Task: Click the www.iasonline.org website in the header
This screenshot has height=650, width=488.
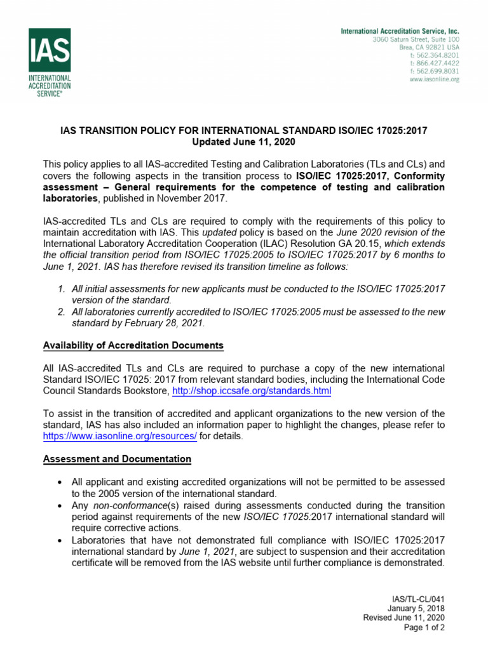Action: [x=434, y=79]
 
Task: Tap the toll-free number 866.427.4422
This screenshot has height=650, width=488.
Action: [x=435, y=63]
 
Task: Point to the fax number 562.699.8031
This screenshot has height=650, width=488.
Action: [x=435, y=71]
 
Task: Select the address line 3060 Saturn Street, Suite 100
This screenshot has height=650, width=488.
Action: [x=416, y=39]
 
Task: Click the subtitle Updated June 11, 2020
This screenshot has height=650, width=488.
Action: [x=243, y=142]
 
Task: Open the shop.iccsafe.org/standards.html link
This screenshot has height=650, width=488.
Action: [x=252, y=392]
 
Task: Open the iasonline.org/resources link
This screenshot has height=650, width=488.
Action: [x=120, y=436]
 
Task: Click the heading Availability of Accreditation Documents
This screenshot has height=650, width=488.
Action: [x=133, y=345]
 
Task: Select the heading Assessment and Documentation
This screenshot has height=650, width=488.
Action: [x=117, y=458]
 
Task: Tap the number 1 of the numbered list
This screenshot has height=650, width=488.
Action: [x=61, y=289]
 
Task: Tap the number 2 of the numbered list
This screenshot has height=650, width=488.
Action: [x=61, y=312]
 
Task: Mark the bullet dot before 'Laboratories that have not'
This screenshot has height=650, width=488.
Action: [x=58, y=540]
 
